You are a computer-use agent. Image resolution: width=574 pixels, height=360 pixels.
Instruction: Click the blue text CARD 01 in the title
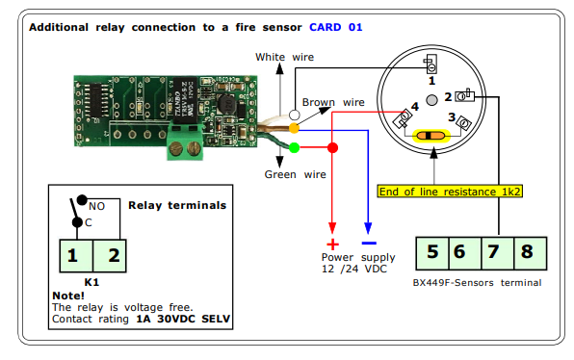coord(336,27)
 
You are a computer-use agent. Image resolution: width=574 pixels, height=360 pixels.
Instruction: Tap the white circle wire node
coord(295,115)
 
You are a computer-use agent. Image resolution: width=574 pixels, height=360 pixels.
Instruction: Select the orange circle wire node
coord(294,128)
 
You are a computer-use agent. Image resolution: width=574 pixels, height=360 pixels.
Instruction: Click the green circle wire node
coord(295,148)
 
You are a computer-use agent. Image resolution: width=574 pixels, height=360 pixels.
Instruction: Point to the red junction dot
coord(332,148)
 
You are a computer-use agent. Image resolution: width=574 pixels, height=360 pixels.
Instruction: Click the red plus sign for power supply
coord(332,244)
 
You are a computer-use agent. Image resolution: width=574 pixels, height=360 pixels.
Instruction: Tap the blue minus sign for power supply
coord(369,243)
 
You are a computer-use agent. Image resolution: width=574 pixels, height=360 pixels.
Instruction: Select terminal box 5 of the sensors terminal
coord(432,253)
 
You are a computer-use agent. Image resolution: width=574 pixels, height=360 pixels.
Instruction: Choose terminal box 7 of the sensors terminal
coord(498,253)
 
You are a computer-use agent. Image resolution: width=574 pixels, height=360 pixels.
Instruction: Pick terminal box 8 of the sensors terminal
coord(531,253)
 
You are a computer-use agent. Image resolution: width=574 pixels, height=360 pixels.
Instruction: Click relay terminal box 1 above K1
coord(76,256)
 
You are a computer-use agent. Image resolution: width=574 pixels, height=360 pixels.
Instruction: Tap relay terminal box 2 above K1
coord(110,256)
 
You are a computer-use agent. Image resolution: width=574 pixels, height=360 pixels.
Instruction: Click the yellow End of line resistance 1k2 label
coord(450,192)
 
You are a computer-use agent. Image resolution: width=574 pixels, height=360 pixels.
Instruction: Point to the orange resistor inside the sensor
coord(430,136)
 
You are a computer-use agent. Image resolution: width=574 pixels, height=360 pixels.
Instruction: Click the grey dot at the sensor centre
coord(432,100)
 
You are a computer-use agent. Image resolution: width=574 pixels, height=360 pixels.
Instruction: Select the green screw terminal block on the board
coord(186,141)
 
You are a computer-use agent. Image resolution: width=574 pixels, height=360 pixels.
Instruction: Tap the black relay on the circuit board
coord(185,100)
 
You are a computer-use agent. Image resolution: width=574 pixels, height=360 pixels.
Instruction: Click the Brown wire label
coord(333,102)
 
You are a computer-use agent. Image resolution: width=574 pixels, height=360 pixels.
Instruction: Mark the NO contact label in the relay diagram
coord(96,206)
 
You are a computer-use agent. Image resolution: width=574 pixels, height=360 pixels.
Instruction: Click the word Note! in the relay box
coord(68,296)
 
